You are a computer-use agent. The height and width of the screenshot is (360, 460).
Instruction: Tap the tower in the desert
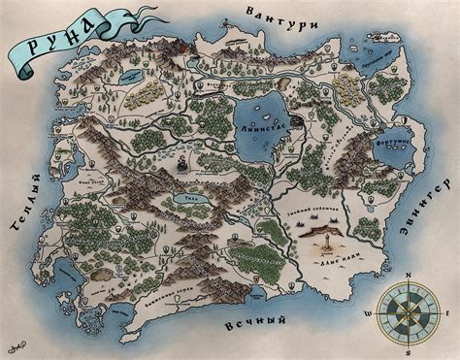click(x=328, y=238)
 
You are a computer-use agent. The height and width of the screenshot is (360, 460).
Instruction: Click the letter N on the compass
click(x=408, y=275)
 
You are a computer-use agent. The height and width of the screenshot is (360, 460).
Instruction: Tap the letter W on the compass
click(x=368, y=313)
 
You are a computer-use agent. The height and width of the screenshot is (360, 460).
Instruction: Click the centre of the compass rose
click(x=408, y=312)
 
